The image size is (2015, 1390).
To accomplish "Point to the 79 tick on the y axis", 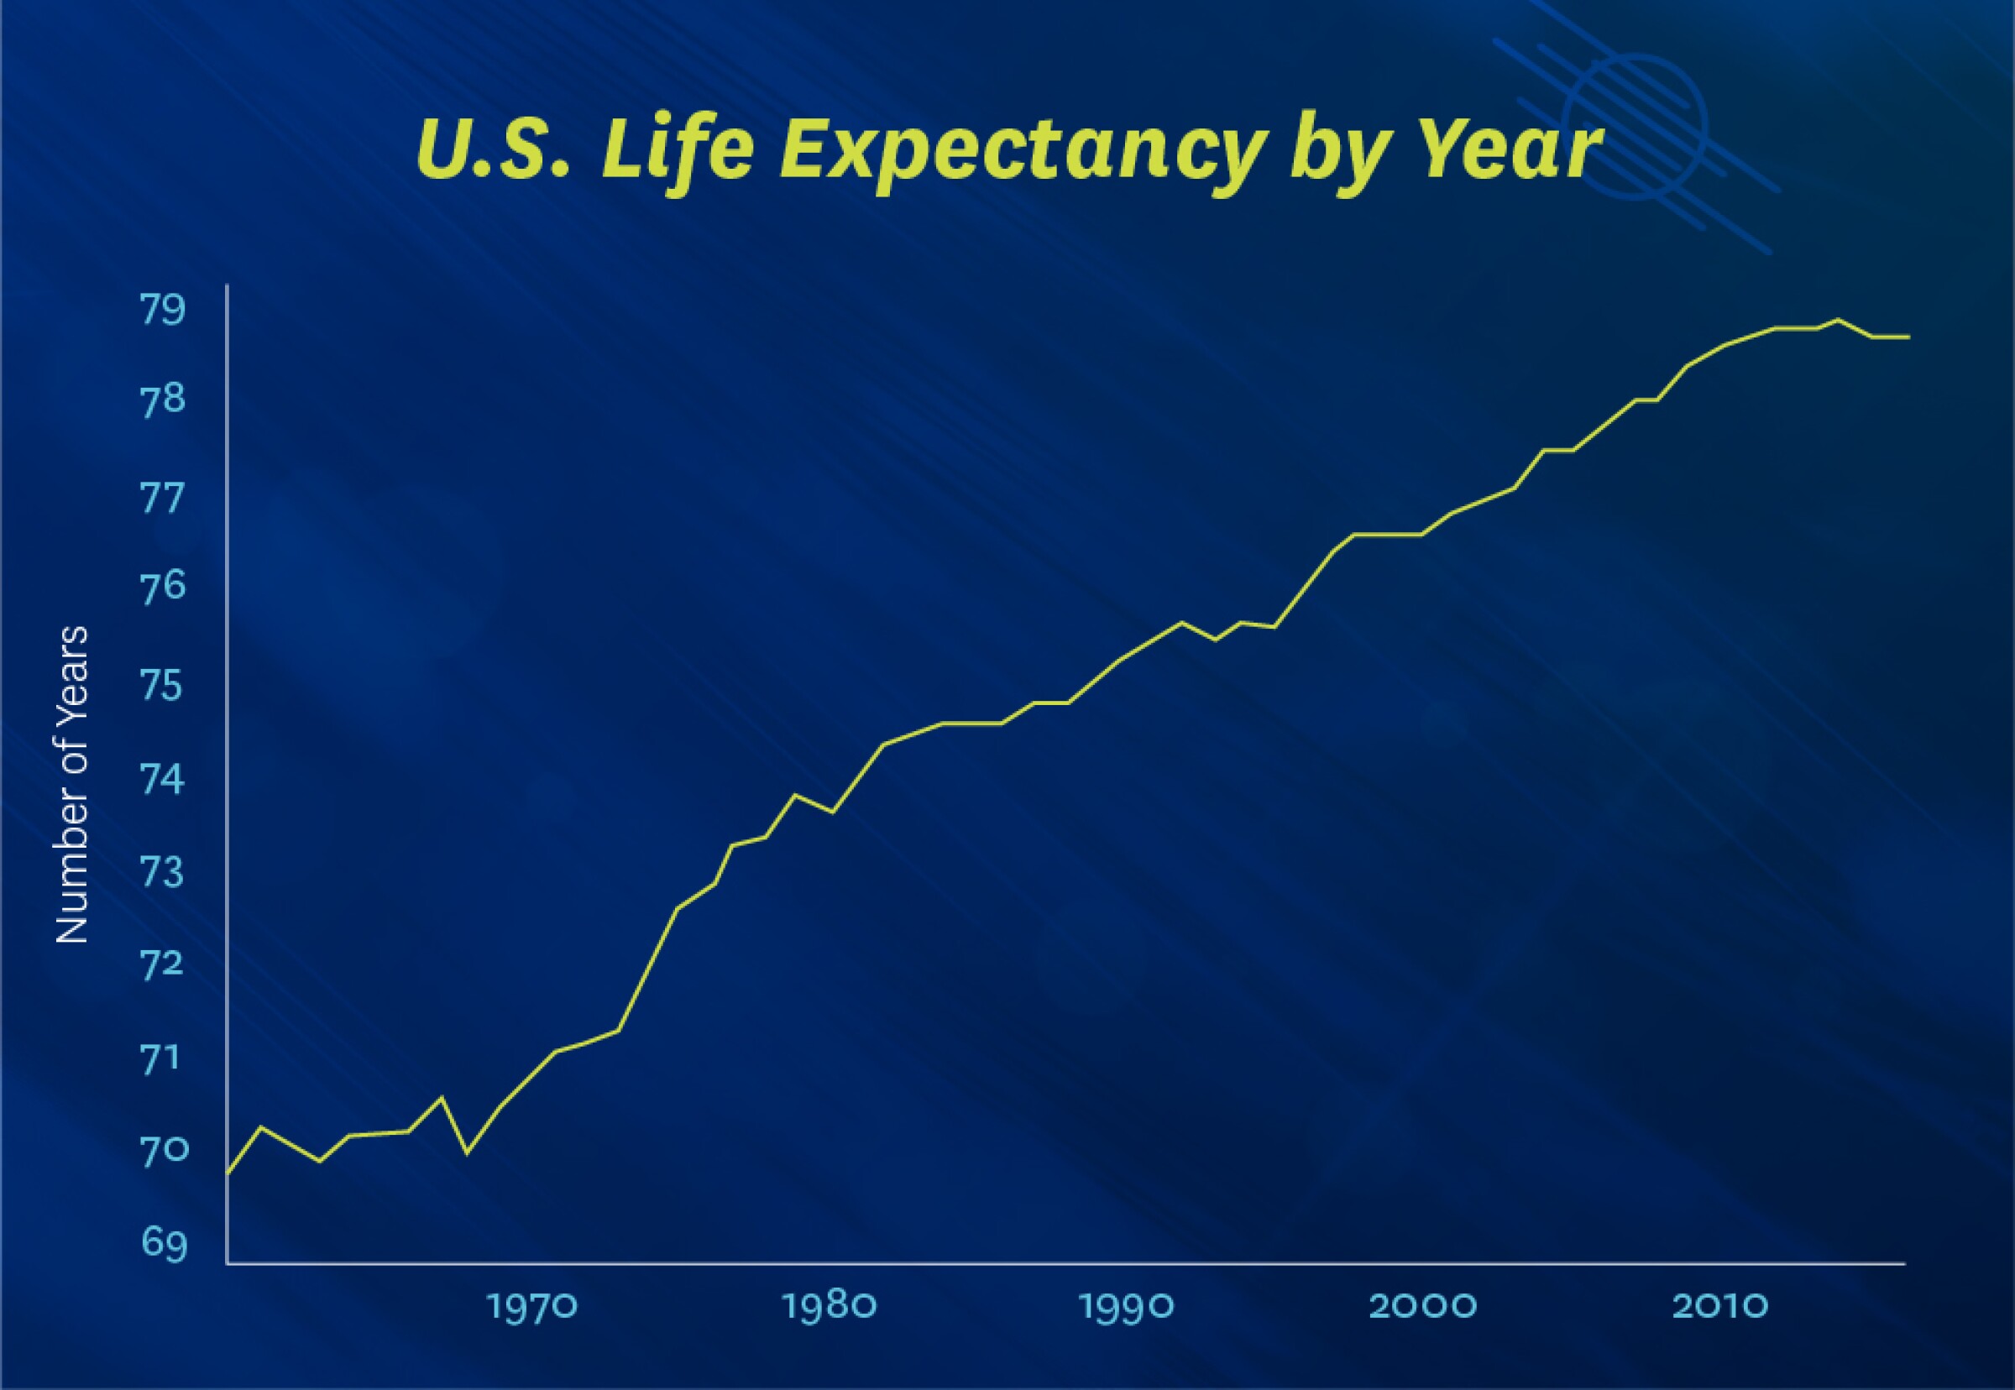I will point(164,311).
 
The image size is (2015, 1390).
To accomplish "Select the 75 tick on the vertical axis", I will point(164,686).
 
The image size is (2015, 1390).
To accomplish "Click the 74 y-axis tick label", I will point(164,780).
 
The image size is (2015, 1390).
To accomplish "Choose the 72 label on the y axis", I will point(164,964).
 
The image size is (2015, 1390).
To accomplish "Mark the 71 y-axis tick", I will point(164,1058).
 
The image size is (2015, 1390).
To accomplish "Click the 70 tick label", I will point(164,1151).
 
